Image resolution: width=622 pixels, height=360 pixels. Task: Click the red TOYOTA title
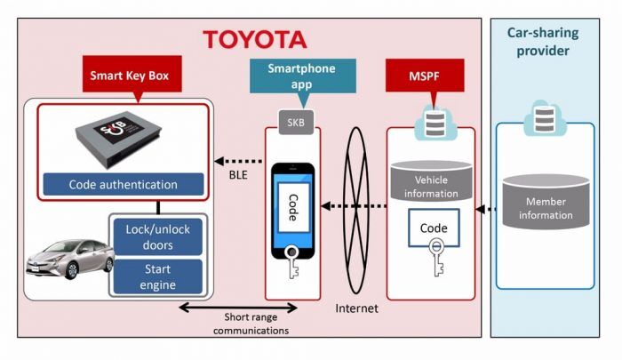254,39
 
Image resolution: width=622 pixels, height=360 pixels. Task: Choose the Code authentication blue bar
124,185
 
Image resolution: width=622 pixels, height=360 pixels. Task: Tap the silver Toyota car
66,259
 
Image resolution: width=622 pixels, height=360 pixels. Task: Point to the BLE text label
236,175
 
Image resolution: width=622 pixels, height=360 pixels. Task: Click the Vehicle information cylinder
431,180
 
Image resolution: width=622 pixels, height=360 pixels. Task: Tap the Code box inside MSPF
433,228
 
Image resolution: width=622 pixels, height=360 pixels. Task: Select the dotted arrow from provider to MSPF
485,211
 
